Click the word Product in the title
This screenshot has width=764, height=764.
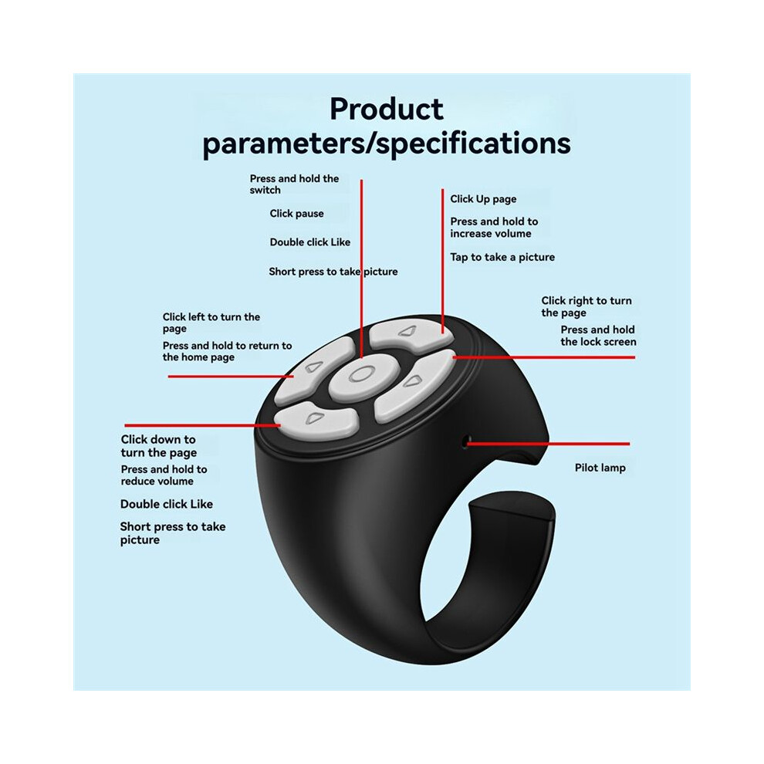(387, 109)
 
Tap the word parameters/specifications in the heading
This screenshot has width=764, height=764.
(387, 144)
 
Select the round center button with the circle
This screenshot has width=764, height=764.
(360, 375)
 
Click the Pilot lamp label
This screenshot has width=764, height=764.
(600, 468)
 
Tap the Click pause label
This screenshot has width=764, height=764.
(297, 214)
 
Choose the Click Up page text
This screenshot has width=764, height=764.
(483, 199)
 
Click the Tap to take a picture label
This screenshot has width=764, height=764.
(502, 257)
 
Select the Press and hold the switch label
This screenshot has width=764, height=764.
(294, 184)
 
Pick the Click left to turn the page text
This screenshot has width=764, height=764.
(211, 323)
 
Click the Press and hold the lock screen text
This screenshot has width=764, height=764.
(598, 336)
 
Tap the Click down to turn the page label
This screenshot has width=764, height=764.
(159, 446)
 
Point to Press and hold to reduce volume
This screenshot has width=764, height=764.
(164, 475)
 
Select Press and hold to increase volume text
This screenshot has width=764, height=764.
(494, 228)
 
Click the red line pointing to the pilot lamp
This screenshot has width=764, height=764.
(549, 444)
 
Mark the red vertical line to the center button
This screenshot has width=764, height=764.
(361, 269)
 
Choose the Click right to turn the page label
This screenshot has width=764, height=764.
(587, 306)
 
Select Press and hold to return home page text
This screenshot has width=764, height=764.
(227, 351)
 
